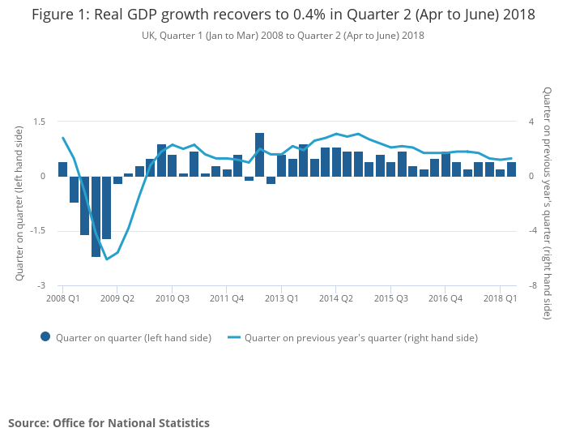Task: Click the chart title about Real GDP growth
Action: coord(283,15)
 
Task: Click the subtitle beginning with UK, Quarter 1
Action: coord(283,36)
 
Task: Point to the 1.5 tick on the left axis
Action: coord(38,122)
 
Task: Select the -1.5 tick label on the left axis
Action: coord(36,231)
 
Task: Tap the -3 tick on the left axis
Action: coord(41,286)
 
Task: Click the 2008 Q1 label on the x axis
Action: coord(63,298)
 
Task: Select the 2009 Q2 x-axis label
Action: coord(117,298)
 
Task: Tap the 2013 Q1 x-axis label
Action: coord(281,298)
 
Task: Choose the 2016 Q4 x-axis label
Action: coord(446,298)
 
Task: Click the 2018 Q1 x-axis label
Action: coord(500,298)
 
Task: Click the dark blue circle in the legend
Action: coord(45,337)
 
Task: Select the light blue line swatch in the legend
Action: coord(234,337)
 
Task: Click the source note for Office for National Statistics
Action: coord(109,423)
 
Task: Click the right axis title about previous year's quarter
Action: coord(548,203)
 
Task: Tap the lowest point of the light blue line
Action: coord(107,259)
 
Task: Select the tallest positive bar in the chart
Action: coord(259,154)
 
